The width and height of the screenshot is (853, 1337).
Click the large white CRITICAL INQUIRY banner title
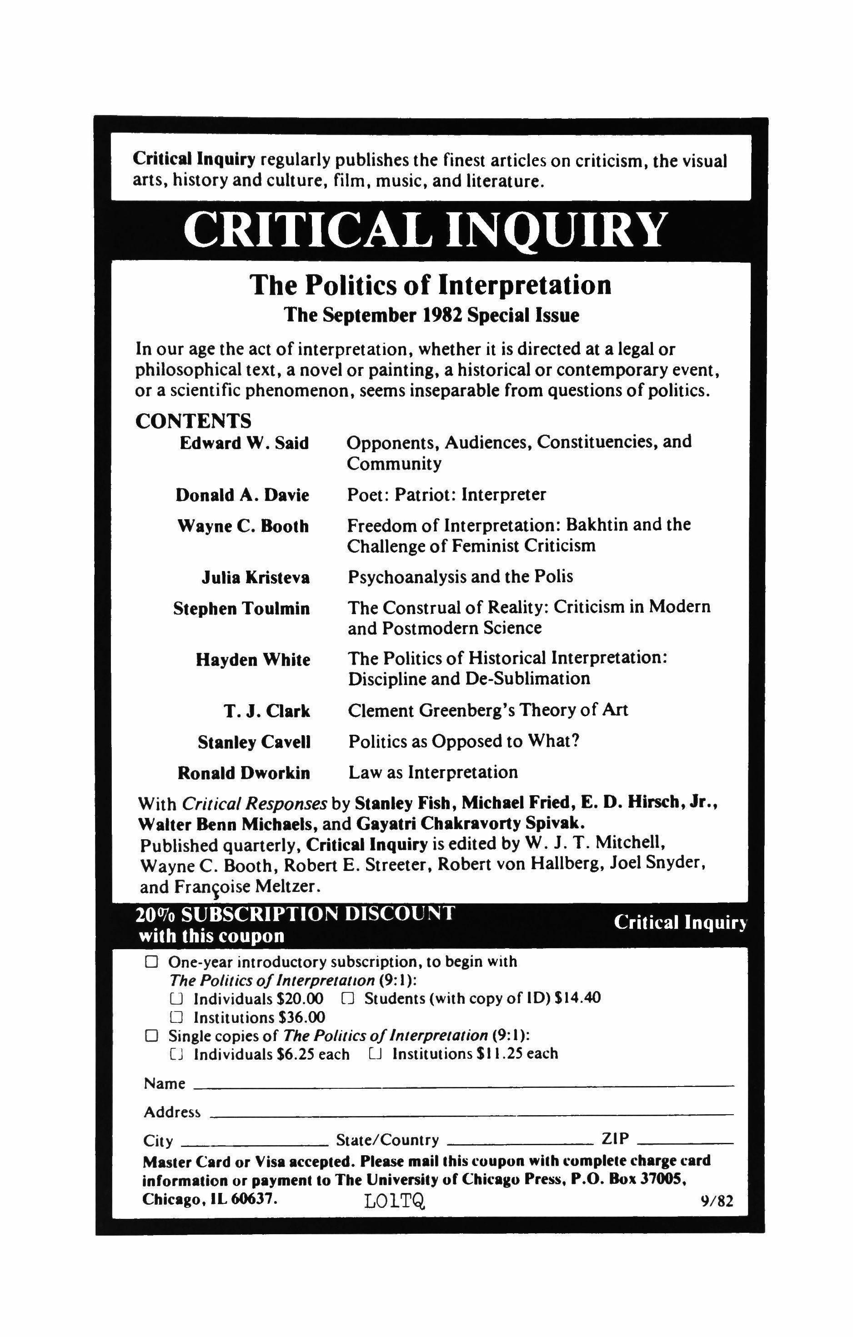(x=425, y=230)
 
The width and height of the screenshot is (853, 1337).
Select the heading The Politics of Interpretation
(x=431, y=285)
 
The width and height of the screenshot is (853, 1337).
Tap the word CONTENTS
(x=193, y=421)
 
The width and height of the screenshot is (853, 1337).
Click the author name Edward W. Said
(x=244, y=443)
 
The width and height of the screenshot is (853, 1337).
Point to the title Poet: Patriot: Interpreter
(x=447, y=494)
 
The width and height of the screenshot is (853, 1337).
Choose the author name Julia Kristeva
(x=256, y=578)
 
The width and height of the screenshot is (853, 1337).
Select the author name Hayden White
(x=253, y=660)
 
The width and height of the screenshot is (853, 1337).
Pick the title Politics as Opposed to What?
(x=464, y=741)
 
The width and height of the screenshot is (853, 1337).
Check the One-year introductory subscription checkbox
(x=151, y=961)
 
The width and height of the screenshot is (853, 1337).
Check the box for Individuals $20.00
(x=176, y=999)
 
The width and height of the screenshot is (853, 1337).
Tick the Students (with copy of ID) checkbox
(x=348, y=998)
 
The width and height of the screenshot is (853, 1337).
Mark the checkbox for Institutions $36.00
(x=176, y=1017)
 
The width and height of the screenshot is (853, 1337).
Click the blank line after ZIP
(x=686, y=1143)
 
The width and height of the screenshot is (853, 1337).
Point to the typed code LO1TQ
(x=395, y=1201)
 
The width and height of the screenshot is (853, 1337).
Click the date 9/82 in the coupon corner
(x=717, y=1202)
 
